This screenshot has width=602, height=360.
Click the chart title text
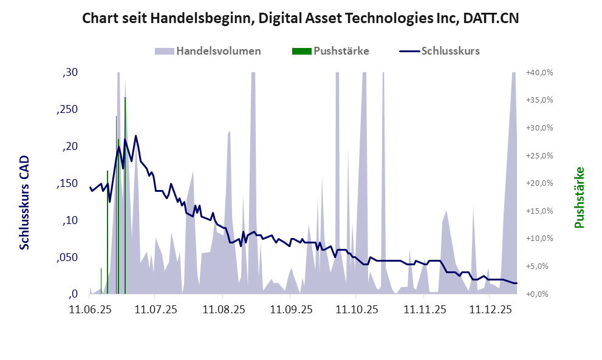point(300,18)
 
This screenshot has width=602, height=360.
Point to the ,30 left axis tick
point(70,73)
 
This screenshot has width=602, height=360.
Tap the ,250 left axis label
point(67,110)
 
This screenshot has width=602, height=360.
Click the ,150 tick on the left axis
point(67,183)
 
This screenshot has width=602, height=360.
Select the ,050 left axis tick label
point(67,257)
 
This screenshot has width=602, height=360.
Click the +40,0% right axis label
point(539,73)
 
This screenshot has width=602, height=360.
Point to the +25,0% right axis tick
point(539,155)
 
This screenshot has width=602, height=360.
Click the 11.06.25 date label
point(91,310)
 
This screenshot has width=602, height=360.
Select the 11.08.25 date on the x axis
point(224,310)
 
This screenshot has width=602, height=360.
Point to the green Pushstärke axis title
point(578,198)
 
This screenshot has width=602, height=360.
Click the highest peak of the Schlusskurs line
point(136,136)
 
